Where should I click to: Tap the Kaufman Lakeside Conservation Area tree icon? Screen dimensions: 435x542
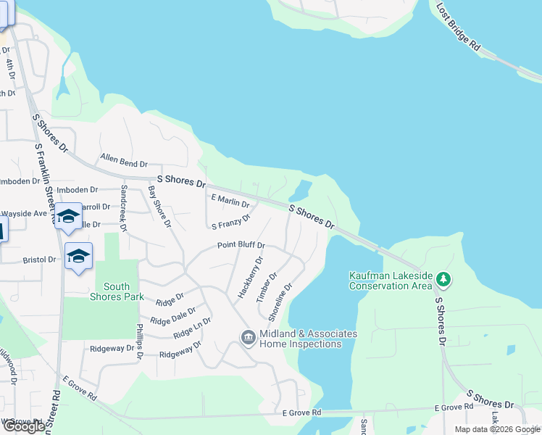pyautogui.click(x=443, y=279)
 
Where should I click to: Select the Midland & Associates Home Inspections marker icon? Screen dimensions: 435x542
pyautogui.click(x=248, y=337)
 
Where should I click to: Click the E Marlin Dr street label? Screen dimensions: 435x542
pyautogui.click(x=230, y=200)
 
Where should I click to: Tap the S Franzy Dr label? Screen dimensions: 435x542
pyautogui.click(x=231, y=221)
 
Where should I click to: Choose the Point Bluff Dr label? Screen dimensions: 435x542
pyautogui.click(x=241, y=246)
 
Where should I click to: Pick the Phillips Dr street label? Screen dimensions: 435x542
pyautogui.click(x=139, y=340)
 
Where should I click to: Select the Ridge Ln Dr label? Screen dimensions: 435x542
pyautogui.click(x=192, y=328)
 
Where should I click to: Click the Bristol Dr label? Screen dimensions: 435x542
pyautogui.click(x=39, y=260)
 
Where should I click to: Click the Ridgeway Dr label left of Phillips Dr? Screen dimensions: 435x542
pyautogui.click(x=112, y=349)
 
